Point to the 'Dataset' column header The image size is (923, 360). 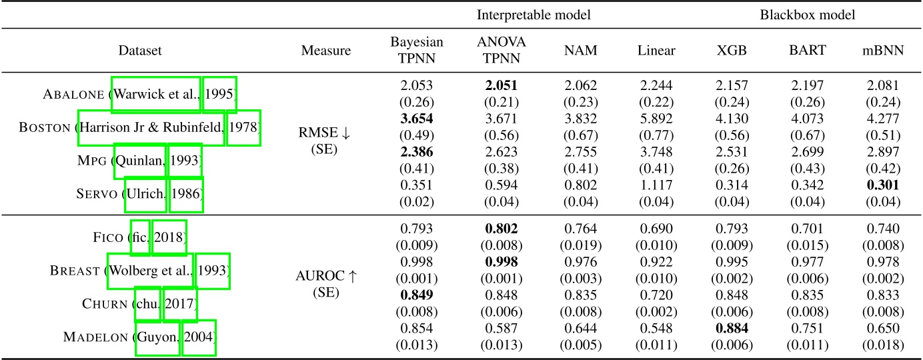coord(139,50)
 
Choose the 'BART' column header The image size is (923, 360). coord(808,50)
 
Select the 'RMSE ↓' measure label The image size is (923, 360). coord(325,133)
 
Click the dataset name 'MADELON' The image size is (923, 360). coord(97,337)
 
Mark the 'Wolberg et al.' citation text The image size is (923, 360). coord(151,271)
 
